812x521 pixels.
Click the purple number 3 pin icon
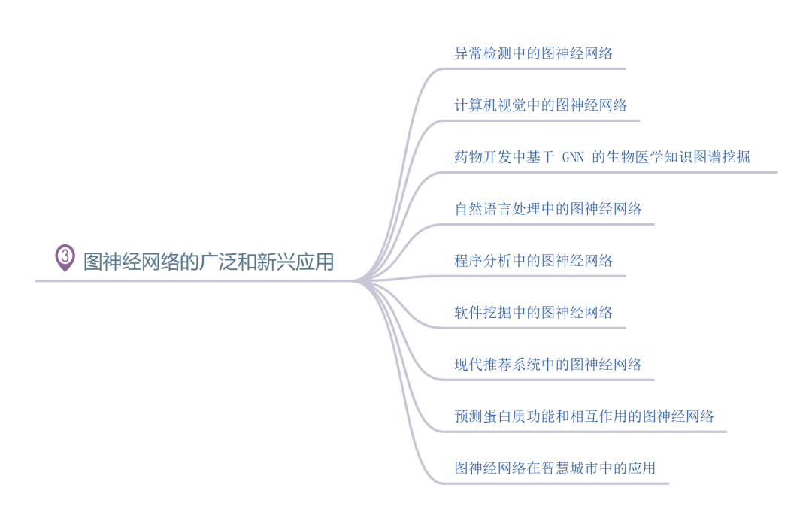click(x=65, y=257)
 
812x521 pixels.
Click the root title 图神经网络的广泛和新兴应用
click(x=208, y=262)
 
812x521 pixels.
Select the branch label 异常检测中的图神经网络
click(x=534, y=53)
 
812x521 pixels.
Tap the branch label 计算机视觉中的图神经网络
click(x=541, y=105)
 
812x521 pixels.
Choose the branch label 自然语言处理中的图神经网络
click(x=548, y=209)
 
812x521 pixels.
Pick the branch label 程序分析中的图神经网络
click(x=534, y=261)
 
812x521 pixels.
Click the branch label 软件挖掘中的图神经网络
click(x=534, y=313)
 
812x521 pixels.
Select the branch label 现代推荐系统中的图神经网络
click(x=548, y=365)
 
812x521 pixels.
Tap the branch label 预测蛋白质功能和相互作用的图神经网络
click(x=584, y=416)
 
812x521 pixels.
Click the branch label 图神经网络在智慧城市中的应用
click(x=555, y=468)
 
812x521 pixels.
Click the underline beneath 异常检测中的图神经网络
click(x=534, y=68)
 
